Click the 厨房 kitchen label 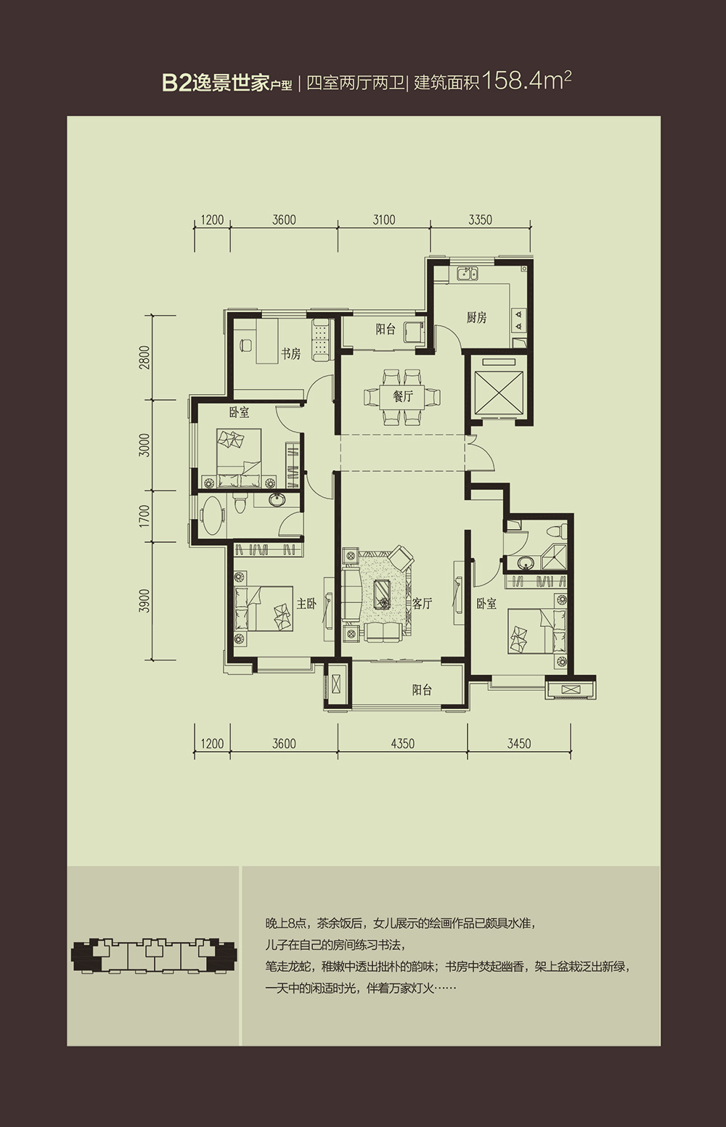pos(476,317)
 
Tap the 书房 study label pos(290,353)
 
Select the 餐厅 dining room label pos(403,396)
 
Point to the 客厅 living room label pos(422,604)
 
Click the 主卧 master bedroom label pos(306,603)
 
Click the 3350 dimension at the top pos(481,220)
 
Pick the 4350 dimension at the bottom pos(402,743)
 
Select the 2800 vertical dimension pos(145,357)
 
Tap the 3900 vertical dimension pos(145,600)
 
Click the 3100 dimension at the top pos(383,220)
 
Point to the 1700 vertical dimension pos(145,516)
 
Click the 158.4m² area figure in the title pos(526,81)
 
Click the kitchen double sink pos(469,274)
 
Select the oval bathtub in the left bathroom pos(211,517)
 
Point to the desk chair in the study pos(245,345)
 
